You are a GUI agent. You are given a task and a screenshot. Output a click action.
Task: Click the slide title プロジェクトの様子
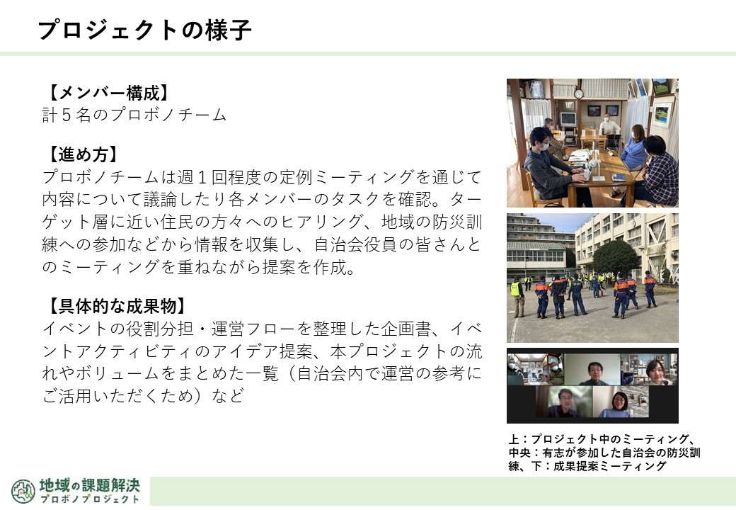click(144, 30)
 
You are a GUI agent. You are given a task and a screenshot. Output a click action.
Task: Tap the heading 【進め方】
click(83, 154)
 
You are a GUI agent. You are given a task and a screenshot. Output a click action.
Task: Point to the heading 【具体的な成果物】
click(117, 306)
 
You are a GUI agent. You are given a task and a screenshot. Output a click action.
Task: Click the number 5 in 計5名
click(67, 115)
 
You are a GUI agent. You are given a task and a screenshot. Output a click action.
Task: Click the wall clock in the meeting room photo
click(578, 93)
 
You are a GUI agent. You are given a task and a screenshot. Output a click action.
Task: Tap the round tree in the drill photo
click(616, 257)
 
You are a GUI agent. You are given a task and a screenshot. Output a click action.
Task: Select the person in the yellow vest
click(517, 296)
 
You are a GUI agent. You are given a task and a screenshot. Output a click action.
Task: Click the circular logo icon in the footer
click(23, 491)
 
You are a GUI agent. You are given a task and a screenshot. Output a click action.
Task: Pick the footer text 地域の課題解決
click(90, 484)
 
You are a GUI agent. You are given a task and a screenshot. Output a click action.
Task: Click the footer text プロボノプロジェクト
click(90, 499)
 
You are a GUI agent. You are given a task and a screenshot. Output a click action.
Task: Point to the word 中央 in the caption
click(519, 453)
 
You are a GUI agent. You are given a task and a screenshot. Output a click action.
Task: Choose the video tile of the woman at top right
click(649, 369)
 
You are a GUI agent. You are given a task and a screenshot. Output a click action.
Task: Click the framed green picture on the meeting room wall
click(662, 114)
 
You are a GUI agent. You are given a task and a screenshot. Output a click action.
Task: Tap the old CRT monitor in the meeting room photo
click(568, 119)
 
